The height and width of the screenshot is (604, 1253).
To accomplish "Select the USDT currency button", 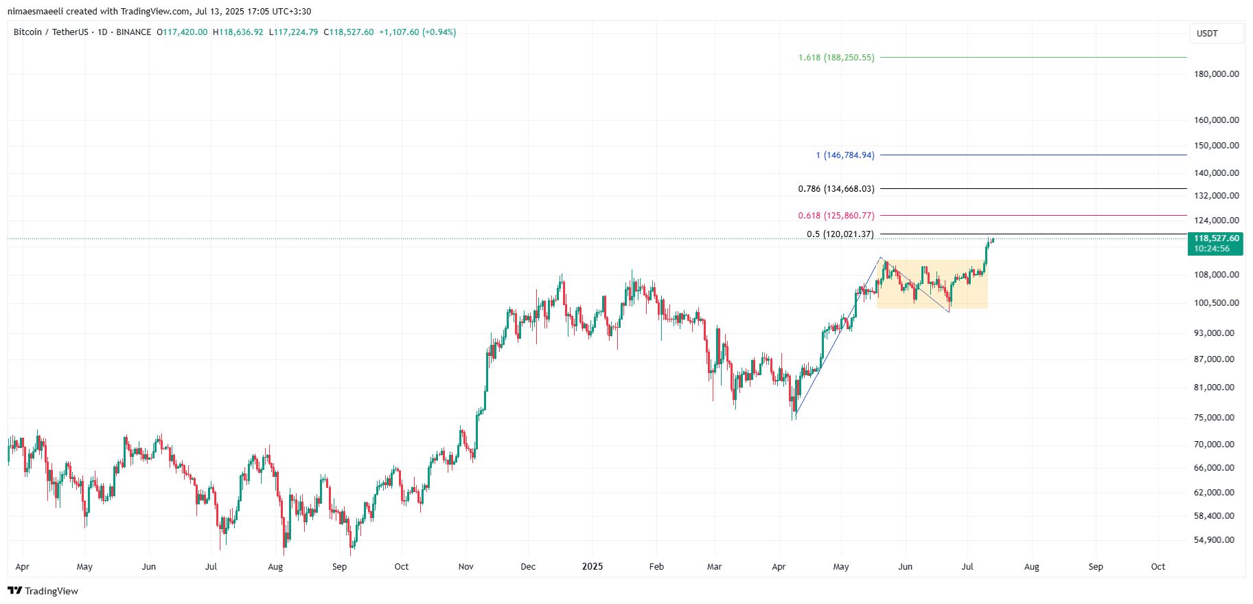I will [x=1207, y=34].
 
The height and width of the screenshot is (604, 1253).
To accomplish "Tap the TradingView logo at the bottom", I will [x=43, y=591].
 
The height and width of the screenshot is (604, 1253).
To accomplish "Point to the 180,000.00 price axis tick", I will [x=1216, y=74].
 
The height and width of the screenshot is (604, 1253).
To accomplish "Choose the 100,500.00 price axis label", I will [x=1216, y=303].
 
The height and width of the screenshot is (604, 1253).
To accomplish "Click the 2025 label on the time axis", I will [x=592, y=567].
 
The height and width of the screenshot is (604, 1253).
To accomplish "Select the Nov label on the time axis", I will [x=465, y=567].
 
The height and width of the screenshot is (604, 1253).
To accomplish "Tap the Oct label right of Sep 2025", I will [x=1158, y=567].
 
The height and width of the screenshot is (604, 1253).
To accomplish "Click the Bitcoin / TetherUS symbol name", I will [x=51, y=32].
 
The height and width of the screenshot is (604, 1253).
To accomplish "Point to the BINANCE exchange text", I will [x=134, y=32].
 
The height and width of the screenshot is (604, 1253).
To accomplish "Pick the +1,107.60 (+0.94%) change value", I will [x=417, y=32].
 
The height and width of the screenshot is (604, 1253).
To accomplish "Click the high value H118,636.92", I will [x=238, y=32].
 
